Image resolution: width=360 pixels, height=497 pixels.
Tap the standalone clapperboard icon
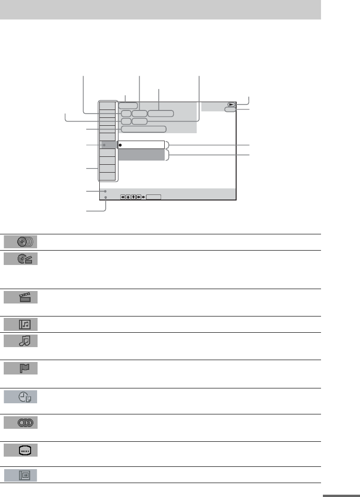point(25,297)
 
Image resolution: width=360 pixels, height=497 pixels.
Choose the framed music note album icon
point(25,324)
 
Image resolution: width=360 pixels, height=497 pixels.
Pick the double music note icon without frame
point(25,342)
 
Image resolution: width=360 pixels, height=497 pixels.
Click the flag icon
point(25,369)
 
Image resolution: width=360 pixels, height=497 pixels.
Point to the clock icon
point(25,397)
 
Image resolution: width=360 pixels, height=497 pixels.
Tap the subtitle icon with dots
point(25,450)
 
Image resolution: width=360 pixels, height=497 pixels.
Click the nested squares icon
point(25,475)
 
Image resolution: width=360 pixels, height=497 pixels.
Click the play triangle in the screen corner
point(231,105)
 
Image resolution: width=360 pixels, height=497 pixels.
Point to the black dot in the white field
point(120,145)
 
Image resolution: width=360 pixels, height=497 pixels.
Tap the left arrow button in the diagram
point(123,197)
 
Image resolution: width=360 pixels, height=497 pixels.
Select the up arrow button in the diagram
point(128,197)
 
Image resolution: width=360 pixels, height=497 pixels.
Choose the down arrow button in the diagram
point(134,197)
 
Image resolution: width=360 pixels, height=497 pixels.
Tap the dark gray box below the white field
point(141,155)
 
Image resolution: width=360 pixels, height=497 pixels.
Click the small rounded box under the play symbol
point(230,110)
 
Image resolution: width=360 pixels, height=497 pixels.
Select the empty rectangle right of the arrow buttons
point(154,197)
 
